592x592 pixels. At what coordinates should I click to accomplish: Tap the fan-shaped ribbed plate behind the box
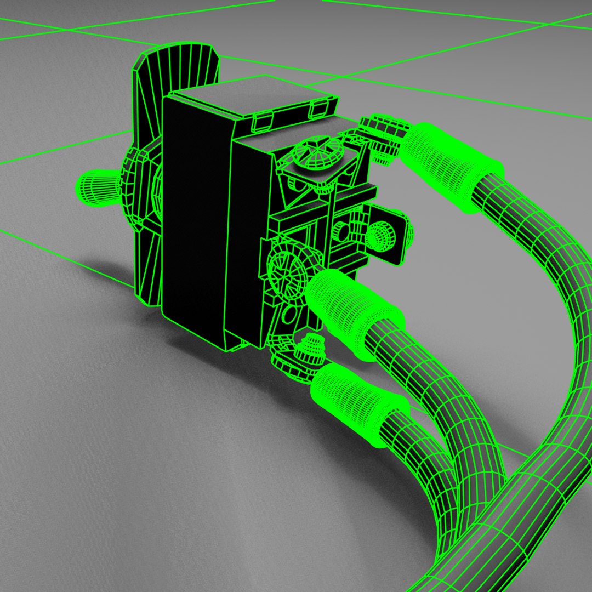click(178, 66)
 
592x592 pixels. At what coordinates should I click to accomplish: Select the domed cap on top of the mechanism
click(316, 151)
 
